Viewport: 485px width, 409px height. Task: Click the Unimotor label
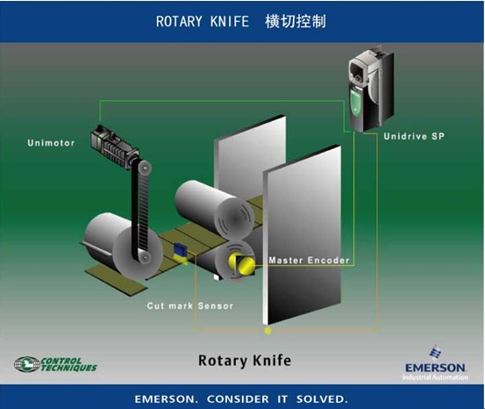[x=51, y=143]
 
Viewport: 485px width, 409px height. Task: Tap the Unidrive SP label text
[x=414, y=136]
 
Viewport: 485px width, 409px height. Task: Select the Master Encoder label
[x=309, y=261]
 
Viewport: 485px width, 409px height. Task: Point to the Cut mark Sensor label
[x=190, y=306]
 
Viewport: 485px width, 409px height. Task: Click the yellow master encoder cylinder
[x=242, y=264]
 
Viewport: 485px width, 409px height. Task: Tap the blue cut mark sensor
[x=180, y=250]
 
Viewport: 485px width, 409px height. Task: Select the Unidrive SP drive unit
[x=371, y=89]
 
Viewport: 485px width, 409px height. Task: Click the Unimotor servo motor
[x=114, y=147]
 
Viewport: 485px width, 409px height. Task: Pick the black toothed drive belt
[x=140, y=212]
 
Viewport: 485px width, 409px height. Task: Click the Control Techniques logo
[x=55, y=364]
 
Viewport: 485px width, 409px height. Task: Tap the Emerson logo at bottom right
[x=435, y=363]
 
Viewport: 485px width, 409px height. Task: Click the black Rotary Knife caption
[x=245, y=361]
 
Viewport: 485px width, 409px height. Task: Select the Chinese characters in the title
[x=296, y=21]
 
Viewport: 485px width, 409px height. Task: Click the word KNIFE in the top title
[x=230, y=22]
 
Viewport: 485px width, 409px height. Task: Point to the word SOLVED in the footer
[x=322, y=399]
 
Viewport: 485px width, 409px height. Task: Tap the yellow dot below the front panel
[x=268, y=331]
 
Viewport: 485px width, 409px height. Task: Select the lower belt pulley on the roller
[x=144, y=257]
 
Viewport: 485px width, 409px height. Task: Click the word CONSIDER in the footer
[x=238, y=399]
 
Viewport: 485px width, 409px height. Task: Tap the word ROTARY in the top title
[x=179, y=22]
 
